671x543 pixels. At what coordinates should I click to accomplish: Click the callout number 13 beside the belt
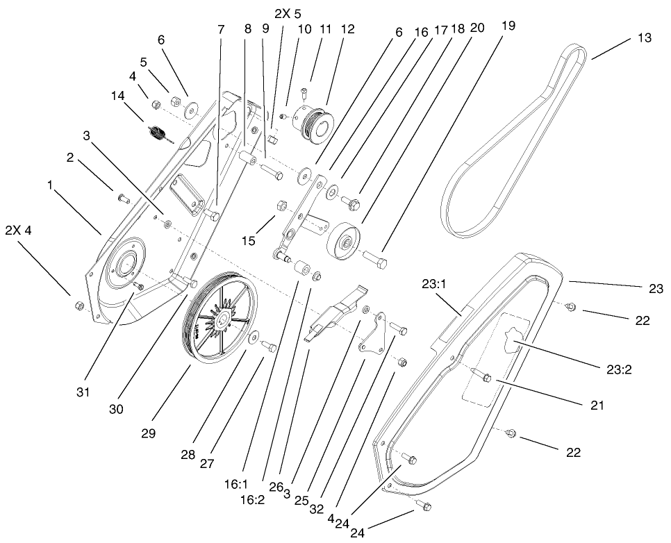click(x=644, y=38)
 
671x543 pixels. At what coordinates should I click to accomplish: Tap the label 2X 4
click(x=18, y=231)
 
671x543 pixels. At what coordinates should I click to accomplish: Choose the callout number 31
click(x=84, y=392)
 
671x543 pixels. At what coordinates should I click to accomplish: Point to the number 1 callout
click(x=49, y=185)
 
